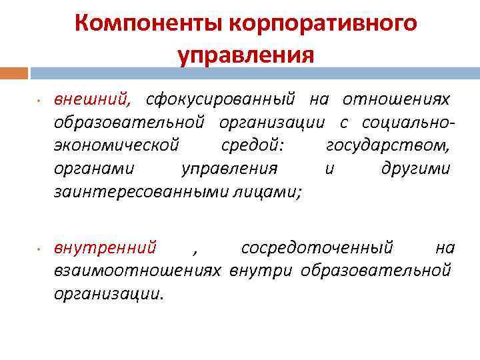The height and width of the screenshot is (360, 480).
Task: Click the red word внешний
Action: coord(93,100)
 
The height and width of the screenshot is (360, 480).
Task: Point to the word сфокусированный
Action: coord(221,100)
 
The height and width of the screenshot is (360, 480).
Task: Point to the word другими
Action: coord(415,168)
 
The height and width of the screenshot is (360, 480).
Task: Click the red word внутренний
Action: coord(105,248)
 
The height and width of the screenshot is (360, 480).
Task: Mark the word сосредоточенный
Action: coord(317,248)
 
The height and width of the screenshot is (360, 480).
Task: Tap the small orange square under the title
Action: coord(14,72)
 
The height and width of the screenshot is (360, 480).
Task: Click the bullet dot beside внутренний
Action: coord(39,249)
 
